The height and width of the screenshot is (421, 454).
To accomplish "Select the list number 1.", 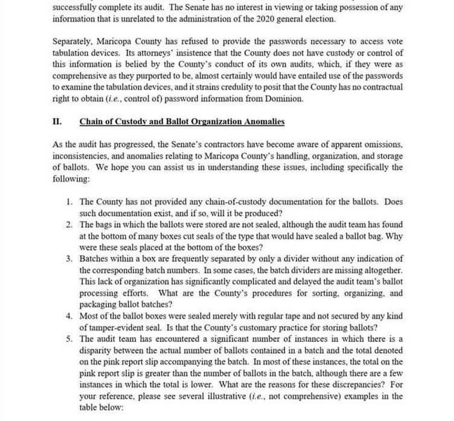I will (69, 201).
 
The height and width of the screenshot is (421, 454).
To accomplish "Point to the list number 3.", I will (69, 259).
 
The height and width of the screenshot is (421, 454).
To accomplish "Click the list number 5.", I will (69, 340).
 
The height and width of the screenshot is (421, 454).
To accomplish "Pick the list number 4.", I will (69, 316).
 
